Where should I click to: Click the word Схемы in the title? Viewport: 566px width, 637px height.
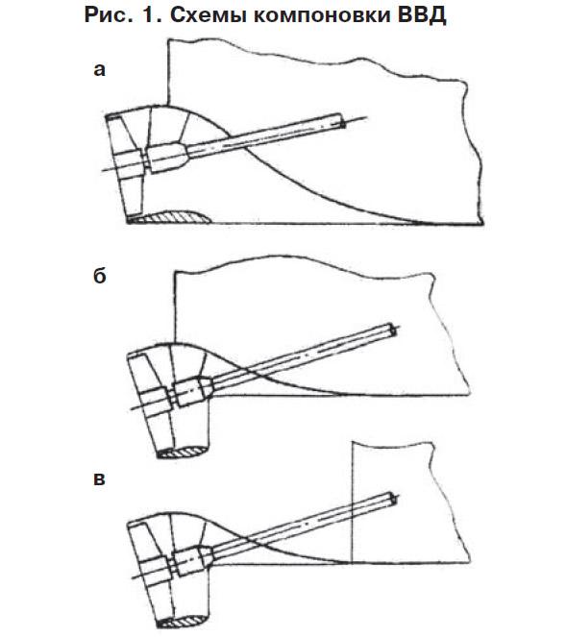tap(205, 15)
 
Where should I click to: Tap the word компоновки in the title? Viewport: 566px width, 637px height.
tap(315, 15)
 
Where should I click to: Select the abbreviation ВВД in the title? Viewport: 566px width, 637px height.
tap(419, 15)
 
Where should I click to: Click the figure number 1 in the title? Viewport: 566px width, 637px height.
tap(149, 15)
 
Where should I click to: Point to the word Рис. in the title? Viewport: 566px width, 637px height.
tap(109, 15)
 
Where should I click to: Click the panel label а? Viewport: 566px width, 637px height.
tap(99, 69)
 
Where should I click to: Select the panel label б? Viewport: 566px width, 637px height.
tap(100, 276)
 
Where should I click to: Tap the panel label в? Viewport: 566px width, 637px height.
tap(99, 478)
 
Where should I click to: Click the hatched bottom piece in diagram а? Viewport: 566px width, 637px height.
tap(170, 217)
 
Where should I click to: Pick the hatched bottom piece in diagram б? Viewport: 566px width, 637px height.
tap(182, 452)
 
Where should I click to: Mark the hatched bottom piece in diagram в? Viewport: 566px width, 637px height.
tap(182, 621)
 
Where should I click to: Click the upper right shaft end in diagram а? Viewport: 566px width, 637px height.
tap(342, 121)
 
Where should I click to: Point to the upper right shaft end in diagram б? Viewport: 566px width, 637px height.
tap(392, 330)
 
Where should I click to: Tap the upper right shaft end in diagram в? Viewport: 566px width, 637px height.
tap(392, 499)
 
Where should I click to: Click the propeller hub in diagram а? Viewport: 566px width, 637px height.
tap(128, 163)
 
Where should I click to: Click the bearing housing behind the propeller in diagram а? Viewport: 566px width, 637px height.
tap(167, 158)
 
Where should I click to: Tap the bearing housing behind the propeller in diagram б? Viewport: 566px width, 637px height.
tap(192, 391)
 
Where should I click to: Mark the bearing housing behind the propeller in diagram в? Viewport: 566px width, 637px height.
tap(192, 559)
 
